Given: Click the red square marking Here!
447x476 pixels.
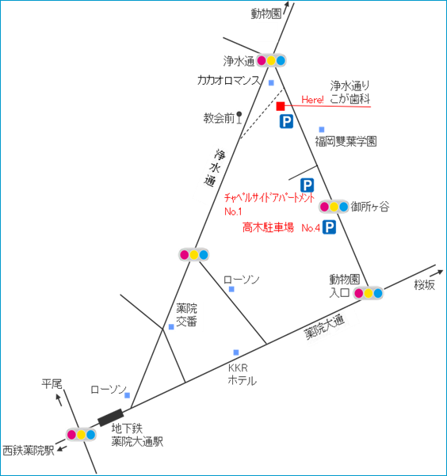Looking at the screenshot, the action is [x=281, y=106].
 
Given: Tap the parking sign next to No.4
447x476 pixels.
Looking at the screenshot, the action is [x=329, y=227].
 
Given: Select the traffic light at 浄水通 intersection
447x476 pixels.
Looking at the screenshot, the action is [x=271, y=61].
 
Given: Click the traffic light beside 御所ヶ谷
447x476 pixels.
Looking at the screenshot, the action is [x=334, y=207].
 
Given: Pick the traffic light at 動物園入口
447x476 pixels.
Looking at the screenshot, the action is [x=368, y=293].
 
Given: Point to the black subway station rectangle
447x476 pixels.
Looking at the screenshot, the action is [x=111, y=417].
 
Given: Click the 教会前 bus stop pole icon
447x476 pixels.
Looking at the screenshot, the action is [x=239, y=117].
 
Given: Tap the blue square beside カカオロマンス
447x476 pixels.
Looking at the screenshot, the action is [x=271, y=82].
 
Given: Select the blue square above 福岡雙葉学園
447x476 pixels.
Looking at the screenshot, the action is [x=322, y=130].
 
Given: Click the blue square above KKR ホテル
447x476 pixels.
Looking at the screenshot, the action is [x=236, y=352].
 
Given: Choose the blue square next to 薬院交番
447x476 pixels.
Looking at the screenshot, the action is [x=171, y=326].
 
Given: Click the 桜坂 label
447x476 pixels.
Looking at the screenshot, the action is [x=425, y=285].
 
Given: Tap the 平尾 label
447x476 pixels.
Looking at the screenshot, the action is [x=52, y=384].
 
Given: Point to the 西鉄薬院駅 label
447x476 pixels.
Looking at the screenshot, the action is [x=29, y=451].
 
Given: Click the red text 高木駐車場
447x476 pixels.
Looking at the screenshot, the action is [x=268, y=227].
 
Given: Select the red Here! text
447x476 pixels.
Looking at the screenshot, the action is [x=312, y=100].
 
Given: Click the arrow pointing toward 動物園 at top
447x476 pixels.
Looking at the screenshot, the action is [x=285, y=8].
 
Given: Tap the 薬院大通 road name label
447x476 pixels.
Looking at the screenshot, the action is [x=324, y=327].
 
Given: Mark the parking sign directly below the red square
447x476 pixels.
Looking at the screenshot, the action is [x=286, y=121].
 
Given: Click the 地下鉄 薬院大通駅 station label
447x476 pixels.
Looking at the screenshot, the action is [x=137, y=435].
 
